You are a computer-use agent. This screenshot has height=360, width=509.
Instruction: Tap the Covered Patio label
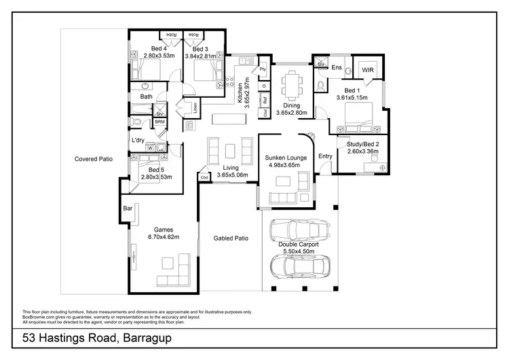93,159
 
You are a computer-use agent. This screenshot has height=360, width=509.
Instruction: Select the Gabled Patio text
231,239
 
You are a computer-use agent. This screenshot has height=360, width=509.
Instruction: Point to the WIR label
368,70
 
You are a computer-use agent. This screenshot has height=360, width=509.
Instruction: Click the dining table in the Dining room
294,86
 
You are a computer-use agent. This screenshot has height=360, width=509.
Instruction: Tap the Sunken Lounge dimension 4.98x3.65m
286,165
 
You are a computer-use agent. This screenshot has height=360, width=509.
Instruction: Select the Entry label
326,157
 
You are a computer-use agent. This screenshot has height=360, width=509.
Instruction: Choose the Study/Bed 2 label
362,144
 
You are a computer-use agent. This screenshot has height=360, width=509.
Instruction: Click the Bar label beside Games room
128,209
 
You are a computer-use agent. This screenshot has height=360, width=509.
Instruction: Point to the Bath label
147,97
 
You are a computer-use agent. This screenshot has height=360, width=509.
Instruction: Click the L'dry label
138,141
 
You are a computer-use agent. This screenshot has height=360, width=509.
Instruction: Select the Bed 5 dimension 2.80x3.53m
155,177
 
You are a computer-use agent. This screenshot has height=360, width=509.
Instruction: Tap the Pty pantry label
262,69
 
